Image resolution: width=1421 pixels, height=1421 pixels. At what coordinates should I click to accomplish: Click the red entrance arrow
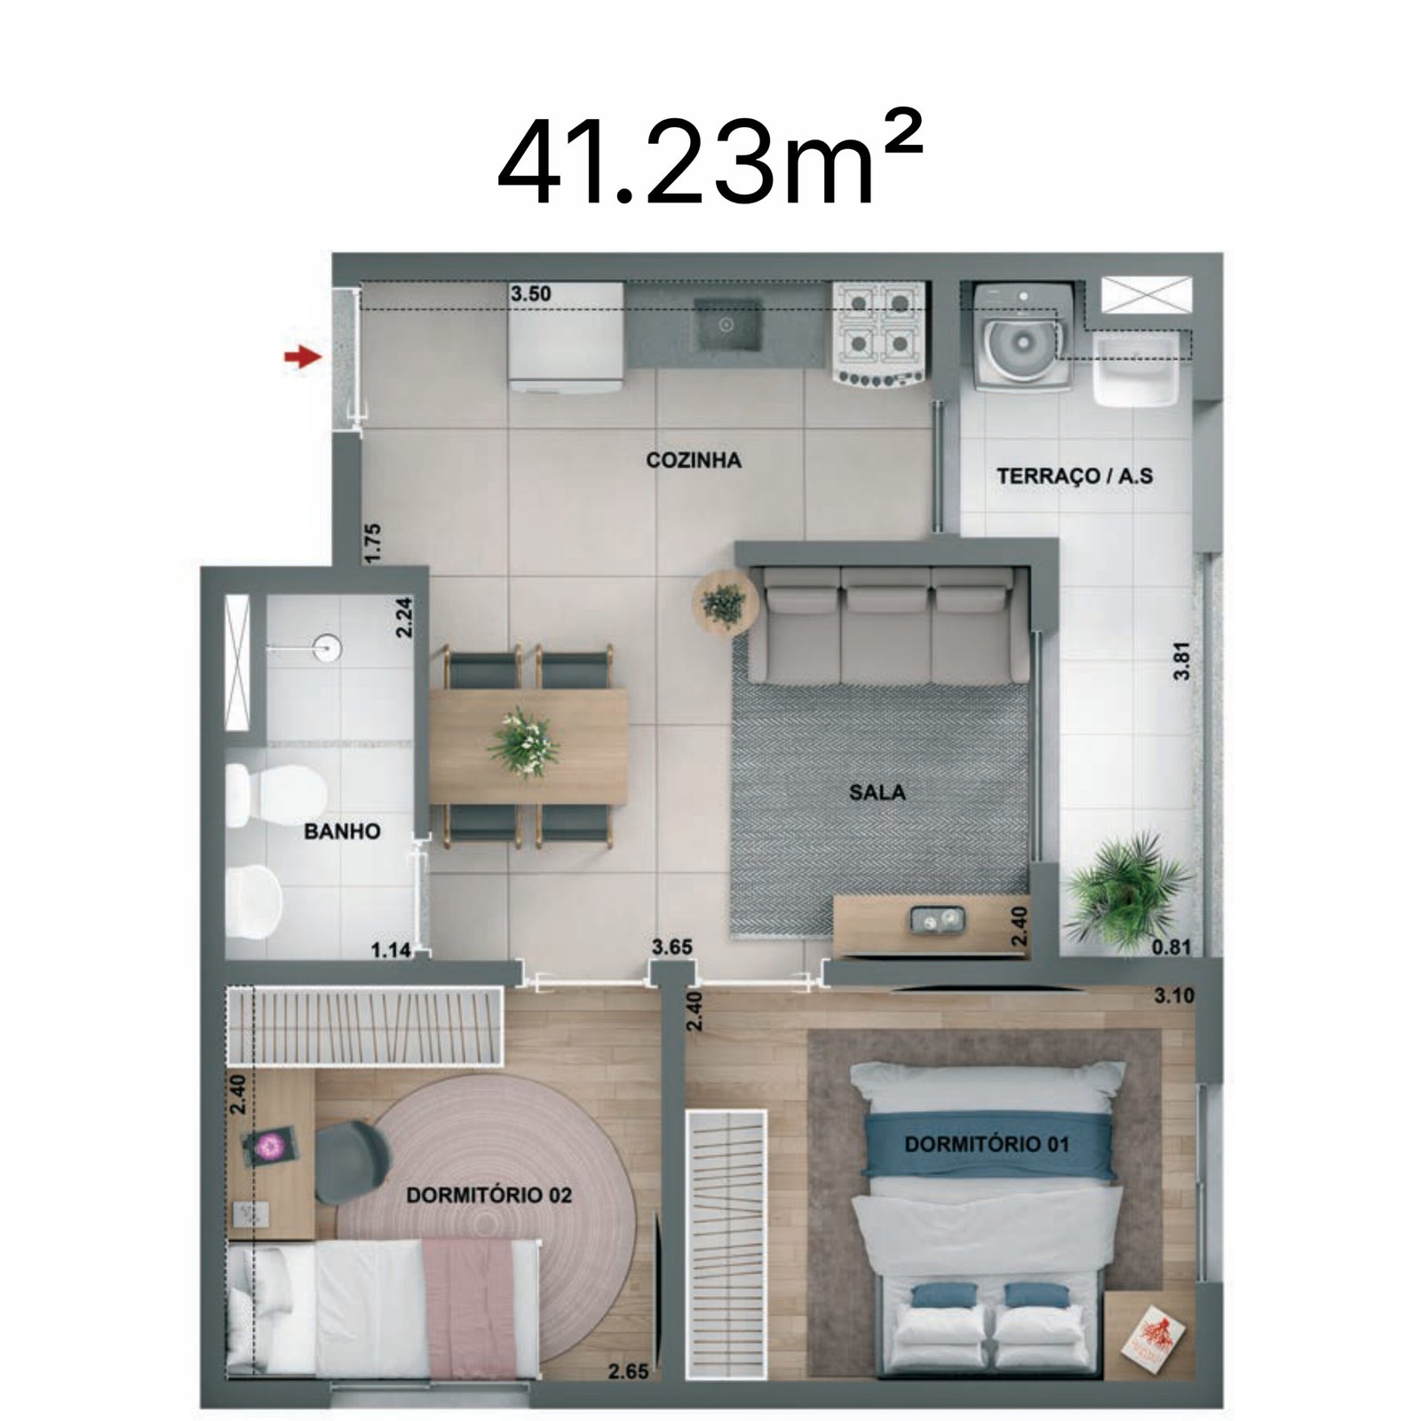coord(302,357)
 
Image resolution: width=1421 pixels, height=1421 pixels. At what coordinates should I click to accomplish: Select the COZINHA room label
coord(694,460)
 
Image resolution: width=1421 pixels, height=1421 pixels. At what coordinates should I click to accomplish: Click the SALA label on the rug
coord(877,791)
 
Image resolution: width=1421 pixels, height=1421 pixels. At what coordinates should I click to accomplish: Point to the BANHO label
coord(342,831)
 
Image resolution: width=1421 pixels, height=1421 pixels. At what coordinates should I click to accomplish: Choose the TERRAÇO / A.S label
coord(1075,476)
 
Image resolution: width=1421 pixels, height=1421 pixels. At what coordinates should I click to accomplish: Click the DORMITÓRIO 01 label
coord(987,1144)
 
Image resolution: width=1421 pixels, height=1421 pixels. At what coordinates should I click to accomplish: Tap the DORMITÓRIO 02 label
coord(488,1195)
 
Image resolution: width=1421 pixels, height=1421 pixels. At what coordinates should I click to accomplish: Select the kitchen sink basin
coord(726,325)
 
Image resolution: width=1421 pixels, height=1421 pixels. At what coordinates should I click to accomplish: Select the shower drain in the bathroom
coord(328,647)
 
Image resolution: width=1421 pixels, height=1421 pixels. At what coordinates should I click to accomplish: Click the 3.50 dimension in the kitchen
coord(531,294)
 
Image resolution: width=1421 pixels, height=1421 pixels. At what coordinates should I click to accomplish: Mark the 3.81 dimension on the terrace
coord(1181,661)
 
